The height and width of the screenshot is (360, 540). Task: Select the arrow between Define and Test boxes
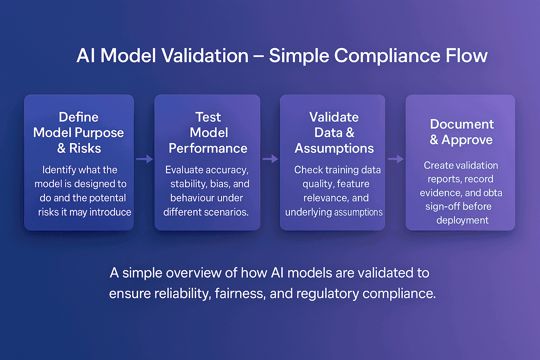point(144,159)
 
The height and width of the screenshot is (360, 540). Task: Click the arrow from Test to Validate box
point(270,159)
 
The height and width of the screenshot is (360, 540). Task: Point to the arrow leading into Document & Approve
point(396,159)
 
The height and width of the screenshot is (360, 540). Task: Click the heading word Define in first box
point(79,117)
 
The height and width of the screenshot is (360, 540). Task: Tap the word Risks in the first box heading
point(85,148)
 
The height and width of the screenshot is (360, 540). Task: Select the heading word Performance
point(208,148)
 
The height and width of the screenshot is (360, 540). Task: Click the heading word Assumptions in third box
point(334,148)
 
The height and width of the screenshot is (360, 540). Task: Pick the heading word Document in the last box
point(462,124)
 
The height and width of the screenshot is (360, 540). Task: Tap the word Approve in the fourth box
point(467,140)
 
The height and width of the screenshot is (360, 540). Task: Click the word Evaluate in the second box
point(185,170)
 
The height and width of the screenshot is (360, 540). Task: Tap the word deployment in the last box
point(462,220)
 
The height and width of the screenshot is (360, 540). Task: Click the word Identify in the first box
point(59,170)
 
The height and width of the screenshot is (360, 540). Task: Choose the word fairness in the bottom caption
point(240,294)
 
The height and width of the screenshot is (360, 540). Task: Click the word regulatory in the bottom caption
point(327,294)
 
